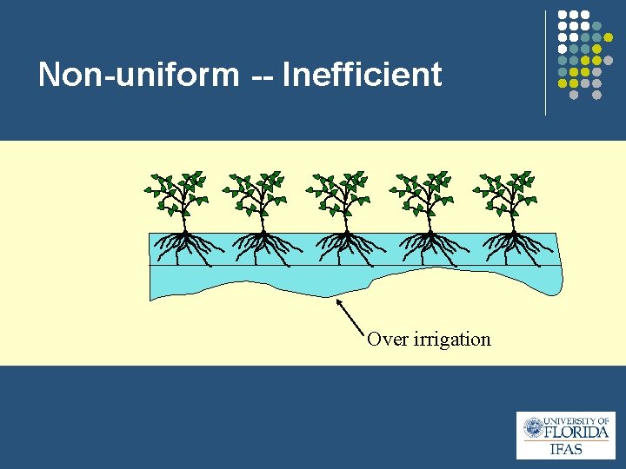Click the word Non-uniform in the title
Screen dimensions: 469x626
[138, 75]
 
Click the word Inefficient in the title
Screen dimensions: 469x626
[363, 75]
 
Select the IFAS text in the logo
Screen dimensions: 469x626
[566, 449]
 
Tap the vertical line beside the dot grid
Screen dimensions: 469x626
[545, 63]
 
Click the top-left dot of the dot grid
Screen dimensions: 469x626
[562, 16]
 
